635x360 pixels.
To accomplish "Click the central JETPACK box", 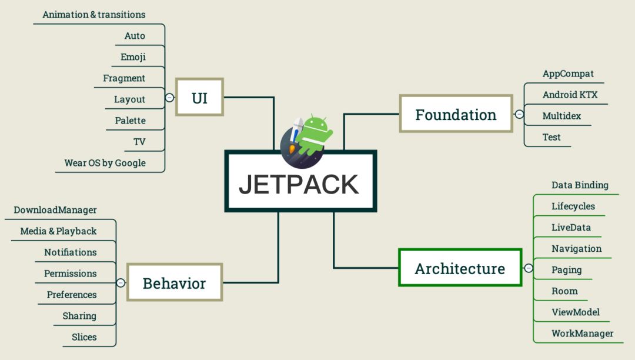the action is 300,181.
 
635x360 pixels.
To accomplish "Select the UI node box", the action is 199,97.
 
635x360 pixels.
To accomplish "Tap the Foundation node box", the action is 456,114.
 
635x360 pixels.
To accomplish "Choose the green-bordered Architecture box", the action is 460,268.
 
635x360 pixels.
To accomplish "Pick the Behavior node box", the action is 175,282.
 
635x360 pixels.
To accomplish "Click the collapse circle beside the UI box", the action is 170,98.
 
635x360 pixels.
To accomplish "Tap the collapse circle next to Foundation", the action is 519,114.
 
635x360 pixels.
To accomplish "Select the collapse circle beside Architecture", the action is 529,268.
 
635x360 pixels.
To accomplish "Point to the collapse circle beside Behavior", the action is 121,283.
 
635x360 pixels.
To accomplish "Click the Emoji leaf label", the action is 133,57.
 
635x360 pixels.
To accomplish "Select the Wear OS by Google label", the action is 105,163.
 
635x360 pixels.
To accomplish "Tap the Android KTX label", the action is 570,95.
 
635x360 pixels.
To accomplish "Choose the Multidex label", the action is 562,116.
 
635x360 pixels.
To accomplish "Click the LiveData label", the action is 571,228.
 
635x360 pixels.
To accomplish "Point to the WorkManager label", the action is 582,334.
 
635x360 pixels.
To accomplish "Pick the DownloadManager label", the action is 55,210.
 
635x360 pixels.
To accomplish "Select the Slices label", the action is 84,337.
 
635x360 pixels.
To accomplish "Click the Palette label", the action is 130,120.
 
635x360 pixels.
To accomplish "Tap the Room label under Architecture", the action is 564,291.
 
